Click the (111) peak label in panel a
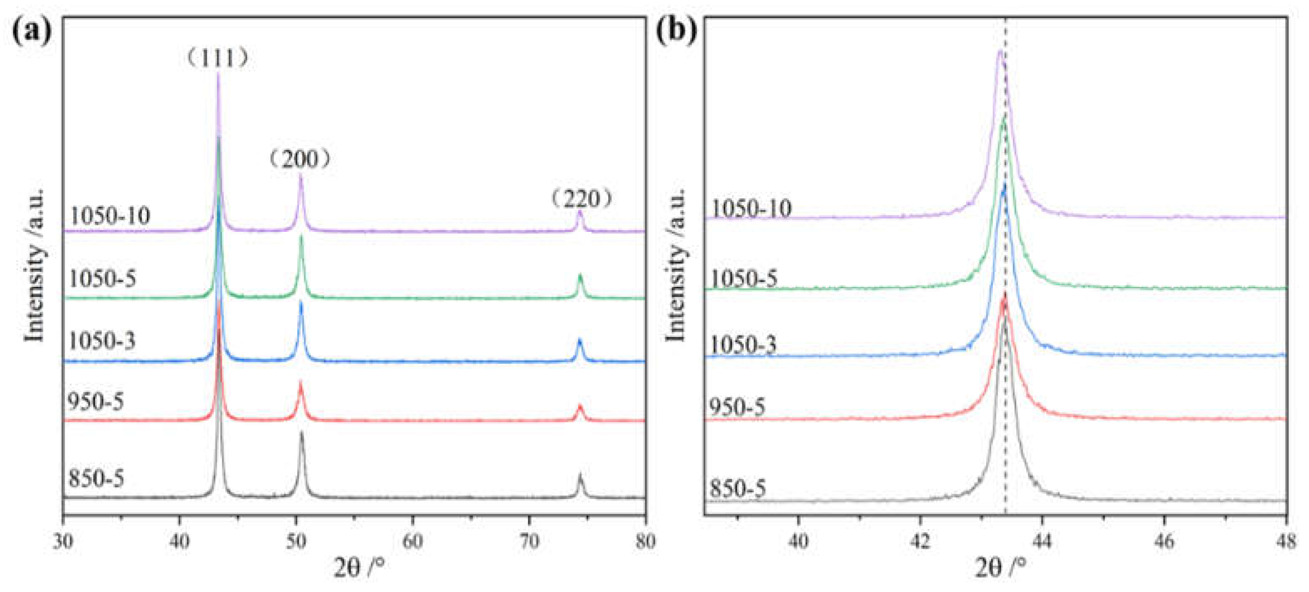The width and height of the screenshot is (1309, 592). click(217, 59)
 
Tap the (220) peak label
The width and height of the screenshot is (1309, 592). click(581, 199)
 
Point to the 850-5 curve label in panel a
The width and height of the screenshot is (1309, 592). click(96, 479)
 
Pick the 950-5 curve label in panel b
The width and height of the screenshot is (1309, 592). click(737, 407)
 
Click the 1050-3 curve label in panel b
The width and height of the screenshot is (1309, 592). click(742, 346)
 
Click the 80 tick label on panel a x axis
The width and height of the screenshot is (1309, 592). click(645, 542)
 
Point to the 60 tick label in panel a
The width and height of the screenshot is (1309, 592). click(413, 542)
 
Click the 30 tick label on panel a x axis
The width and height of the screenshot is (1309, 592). click(63, 542)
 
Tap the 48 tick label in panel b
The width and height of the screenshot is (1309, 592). click(1286, 542)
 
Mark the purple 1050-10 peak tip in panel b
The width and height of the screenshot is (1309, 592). click(1000, 51)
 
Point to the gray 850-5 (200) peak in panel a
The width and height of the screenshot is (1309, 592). click(301, 433)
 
